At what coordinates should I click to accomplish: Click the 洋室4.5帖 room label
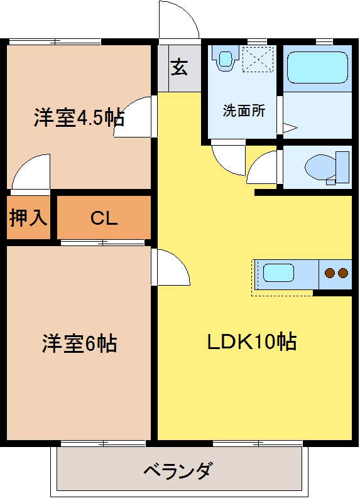(79, 117)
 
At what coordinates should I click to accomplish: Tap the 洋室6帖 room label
(79, 343)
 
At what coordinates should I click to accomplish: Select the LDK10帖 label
(252, 342)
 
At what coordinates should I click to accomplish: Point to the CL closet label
(104, 218)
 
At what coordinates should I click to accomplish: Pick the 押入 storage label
(28, 218)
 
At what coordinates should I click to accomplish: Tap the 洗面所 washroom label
(244, 111)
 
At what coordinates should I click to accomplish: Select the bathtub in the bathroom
(317, 67)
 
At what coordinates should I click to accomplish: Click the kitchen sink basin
(278, 273)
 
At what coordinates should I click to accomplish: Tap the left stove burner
(329, 273)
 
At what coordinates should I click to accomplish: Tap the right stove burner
(342, 273)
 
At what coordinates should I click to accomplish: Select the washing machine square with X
(258, 60)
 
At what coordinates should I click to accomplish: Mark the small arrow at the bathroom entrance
(290, 129)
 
